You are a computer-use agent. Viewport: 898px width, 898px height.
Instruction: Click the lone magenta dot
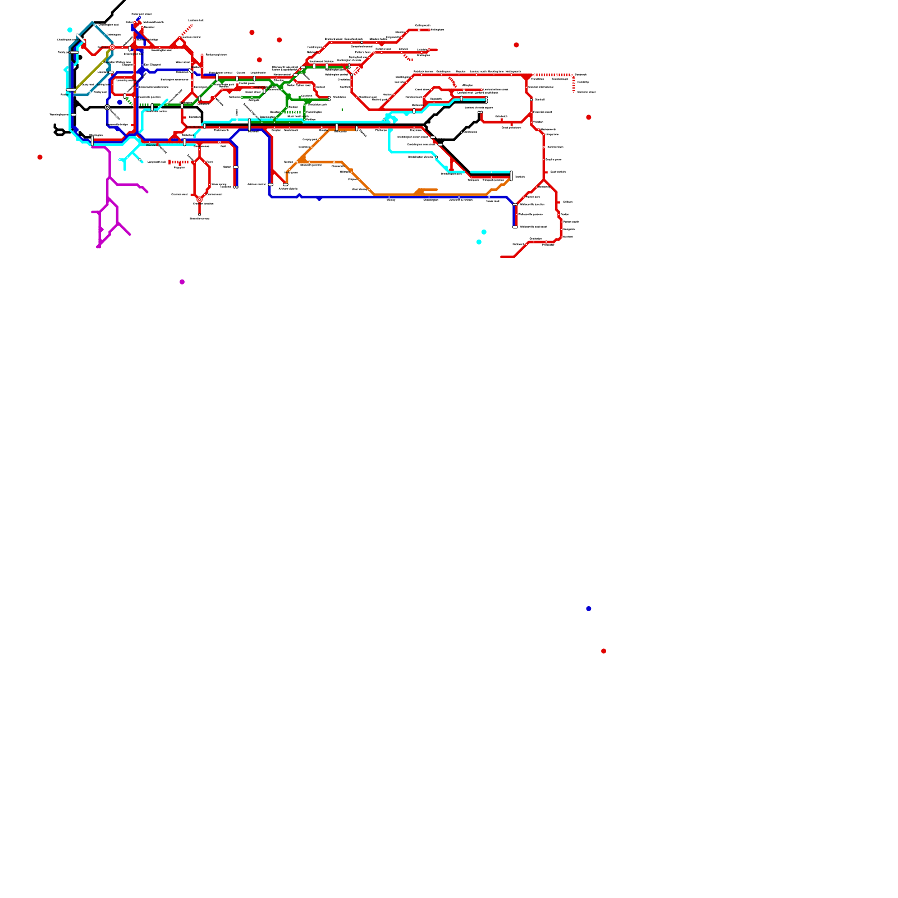[182, 282]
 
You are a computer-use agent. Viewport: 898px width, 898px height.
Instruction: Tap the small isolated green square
[342, 109]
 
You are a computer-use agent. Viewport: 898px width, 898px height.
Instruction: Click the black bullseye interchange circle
[107, 107]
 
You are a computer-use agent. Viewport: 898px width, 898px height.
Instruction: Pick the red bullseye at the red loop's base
[199, 199]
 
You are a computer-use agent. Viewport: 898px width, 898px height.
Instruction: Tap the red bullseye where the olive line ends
[112, 48]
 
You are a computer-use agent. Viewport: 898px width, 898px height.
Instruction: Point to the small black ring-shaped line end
[59, 132]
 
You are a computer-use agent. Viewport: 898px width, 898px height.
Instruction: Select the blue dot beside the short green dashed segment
[120, 102]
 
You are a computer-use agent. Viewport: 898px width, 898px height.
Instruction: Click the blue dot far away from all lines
[588, 608]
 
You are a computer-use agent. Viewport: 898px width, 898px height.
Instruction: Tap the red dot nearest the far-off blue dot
[603, 651]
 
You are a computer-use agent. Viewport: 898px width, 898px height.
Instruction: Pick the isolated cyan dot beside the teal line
[70, 30]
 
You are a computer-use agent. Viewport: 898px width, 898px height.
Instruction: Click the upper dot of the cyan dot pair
[484, 232]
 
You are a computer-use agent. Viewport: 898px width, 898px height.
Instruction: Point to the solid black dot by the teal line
[80, 57]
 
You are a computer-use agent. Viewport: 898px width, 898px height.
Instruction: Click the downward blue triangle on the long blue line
[319, 199]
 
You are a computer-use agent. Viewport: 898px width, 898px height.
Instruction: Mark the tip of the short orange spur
[436, 190]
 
